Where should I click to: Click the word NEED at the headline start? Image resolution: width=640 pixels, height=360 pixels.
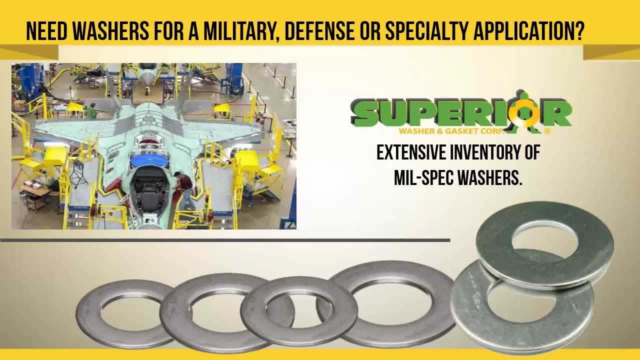click(x=46, y=31)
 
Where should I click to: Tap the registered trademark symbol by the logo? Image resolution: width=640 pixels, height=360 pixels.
click(x=547, y=131)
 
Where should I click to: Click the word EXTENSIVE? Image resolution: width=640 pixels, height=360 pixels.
click(x=411, y=153)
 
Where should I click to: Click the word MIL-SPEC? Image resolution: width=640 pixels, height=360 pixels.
click(x=422, y=178)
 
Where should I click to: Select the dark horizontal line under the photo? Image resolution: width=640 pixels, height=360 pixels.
click(x=225, y=240)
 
